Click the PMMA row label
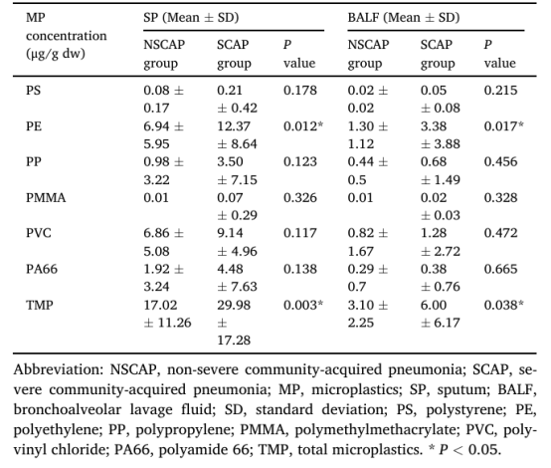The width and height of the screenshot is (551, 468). tap(46, 198)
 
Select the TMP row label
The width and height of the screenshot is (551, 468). tap(40, 305)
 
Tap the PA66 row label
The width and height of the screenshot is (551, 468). tap(42, 269)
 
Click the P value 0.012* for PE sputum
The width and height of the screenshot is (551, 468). tap(303, 126)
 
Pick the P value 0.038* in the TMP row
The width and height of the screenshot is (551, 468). tap(503, 305)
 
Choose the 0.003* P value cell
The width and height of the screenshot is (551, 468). tap(303, 305)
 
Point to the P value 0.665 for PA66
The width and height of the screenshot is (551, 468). tap(500, 269)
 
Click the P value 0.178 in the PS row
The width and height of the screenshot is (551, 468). tap(300, 90)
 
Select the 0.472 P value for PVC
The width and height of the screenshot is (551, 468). tap(500, 233)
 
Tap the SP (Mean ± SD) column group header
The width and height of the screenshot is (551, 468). tap(191, 17)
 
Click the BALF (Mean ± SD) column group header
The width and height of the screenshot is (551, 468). tap(404, 17)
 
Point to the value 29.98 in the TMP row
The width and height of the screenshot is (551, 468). tap(234, 305)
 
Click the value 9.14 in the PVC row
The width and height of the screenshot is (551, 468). tap(230, 233)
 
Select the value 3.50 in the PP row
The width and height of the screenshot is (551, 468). tap(230, 161)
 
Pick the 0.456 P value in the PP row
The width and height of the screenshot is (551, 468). tap(500, 161)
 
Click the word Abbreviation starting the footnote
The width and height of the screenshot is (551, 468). tap(59, 369)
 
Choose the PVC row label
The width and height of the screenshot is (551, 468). tap(39, 233)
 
